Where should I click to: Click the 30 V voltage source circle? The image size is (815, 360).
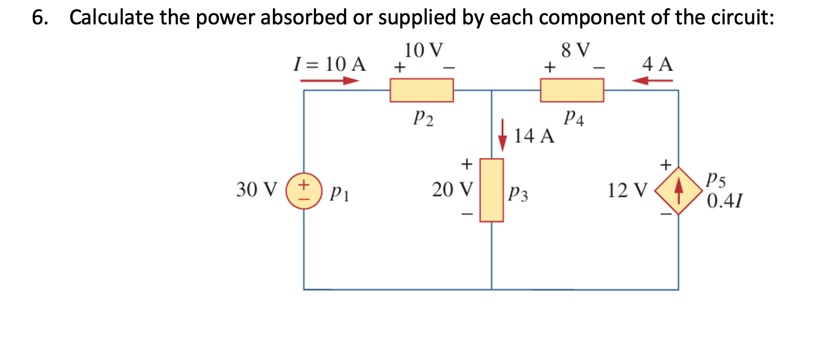[303, 190]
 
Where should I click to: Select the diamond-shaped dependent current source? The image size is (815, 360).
[679, 191]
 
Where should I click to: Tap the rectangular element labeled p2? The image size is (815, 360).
[421, 90]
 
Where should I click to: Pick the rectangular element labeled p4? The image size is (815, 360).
[572, 90]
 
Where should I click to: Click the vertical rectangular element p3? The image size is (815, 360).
[491, 190]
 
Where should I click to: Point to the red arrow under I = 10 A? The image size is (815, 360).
[330, 81]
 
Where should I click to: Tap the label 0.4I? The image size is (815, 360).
[724, 200]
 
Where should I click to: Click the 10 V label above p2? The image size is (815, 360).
[424, 50]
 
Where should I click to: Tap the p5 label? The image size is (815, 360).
[716, 181]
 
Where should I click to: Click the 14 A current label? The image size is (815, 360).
[534, 136]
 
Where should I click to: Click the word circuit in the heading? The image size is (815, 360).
[739, 18]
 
